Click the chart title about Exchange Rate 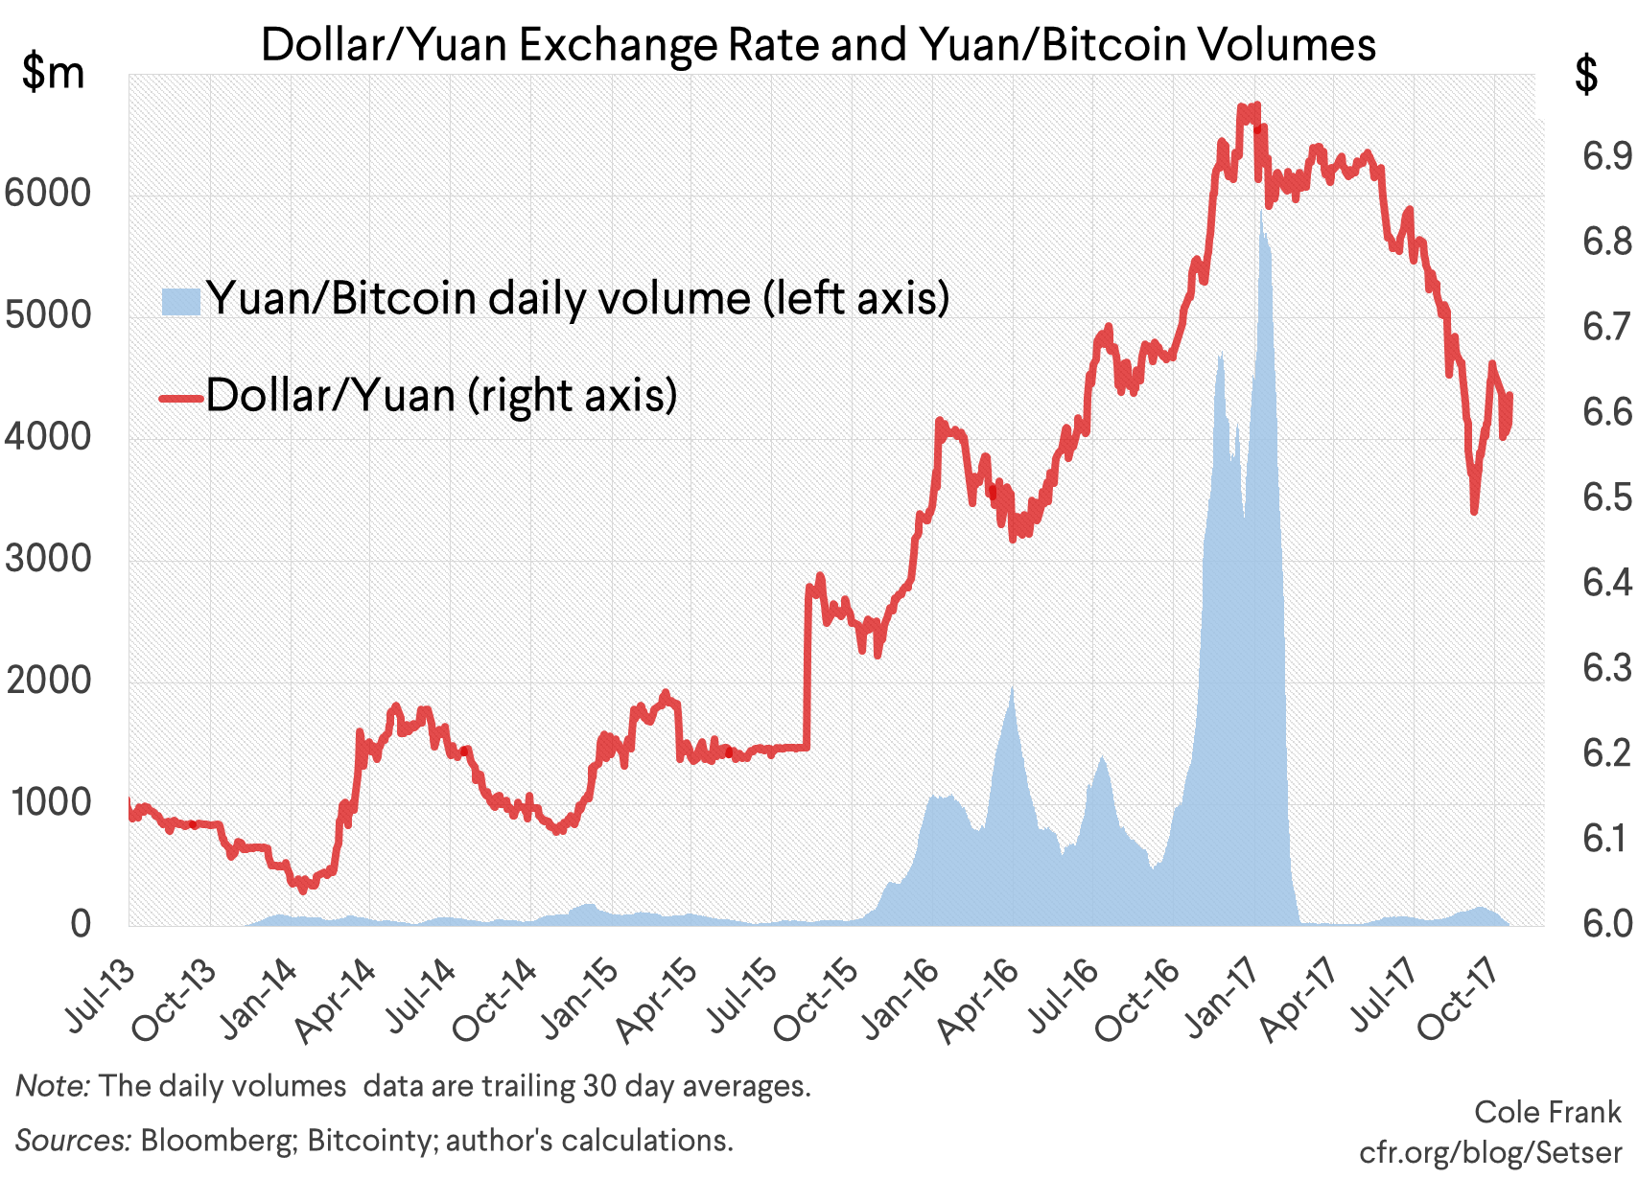pos(818,44)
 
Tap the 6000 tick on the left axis pos(48,194)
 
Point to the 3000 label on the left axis pos(48,559)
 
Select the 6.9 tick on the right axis pos(1606,155)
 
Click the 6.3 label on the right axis pos(1606,667)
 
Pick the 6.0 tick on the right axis pos(1606,923)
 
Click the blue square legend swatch pos(180,301)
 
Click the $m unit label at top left pos(54,73)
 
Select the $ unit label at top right pos(1587,75)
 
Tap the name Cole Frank pos(1547,1112)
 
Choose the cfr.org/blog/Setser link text pos(1490,1151)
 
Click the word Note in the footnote pos(53,1086)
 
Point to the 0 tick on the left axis pos(81,923)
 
